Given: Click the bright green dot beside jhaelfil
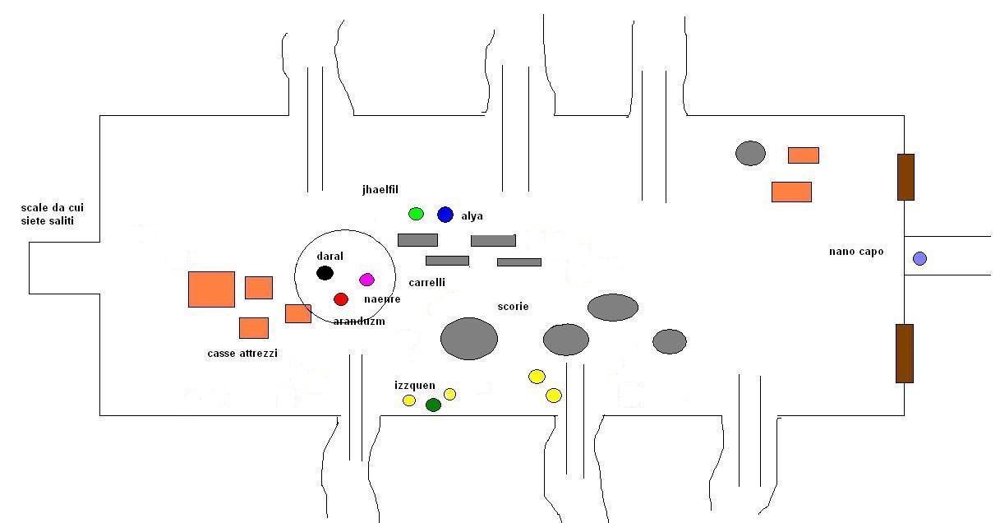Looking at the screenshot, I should (416, 215).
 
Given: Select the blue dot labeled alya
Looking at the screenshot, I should (445, 215).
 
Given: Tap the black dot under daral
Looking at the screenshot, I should (325, 273).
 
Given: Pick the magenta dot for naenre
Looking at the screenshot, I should (366, 280).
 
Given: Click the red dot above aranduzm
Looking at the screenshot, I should (341, 299).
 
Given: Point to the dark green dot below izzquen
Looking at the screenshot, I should (433, 405).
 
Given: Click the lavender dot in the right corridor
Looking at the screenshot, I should (919, 258).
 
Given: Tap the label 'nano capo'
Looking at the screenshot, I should (855, 252).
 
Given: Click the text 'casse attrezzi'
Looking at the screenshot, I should (242, 354).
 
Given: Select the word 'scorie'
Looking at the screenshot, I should (513, 307).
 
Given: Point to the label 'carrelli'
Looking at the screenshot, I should (426, 283).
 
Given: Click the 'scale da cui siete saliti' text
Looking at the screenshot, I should (52, 215).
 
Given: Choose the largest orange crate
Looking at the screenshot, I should (211, 289).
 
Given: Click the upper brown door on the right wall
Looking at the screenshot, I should (905, 177).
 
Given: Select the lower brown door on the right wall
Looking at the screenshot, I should (904, 354).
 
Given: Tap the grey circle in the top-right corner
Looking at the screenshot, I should (750, 153).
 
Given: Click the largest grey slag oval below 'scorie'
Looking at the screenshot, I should (469, 339).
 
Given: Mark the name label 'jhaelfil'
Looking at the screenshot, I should (380, 190).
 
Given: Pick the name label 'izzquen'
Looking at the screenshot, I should (414, 386).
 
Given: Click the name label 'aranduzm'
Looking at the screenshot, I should (359, 321).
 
